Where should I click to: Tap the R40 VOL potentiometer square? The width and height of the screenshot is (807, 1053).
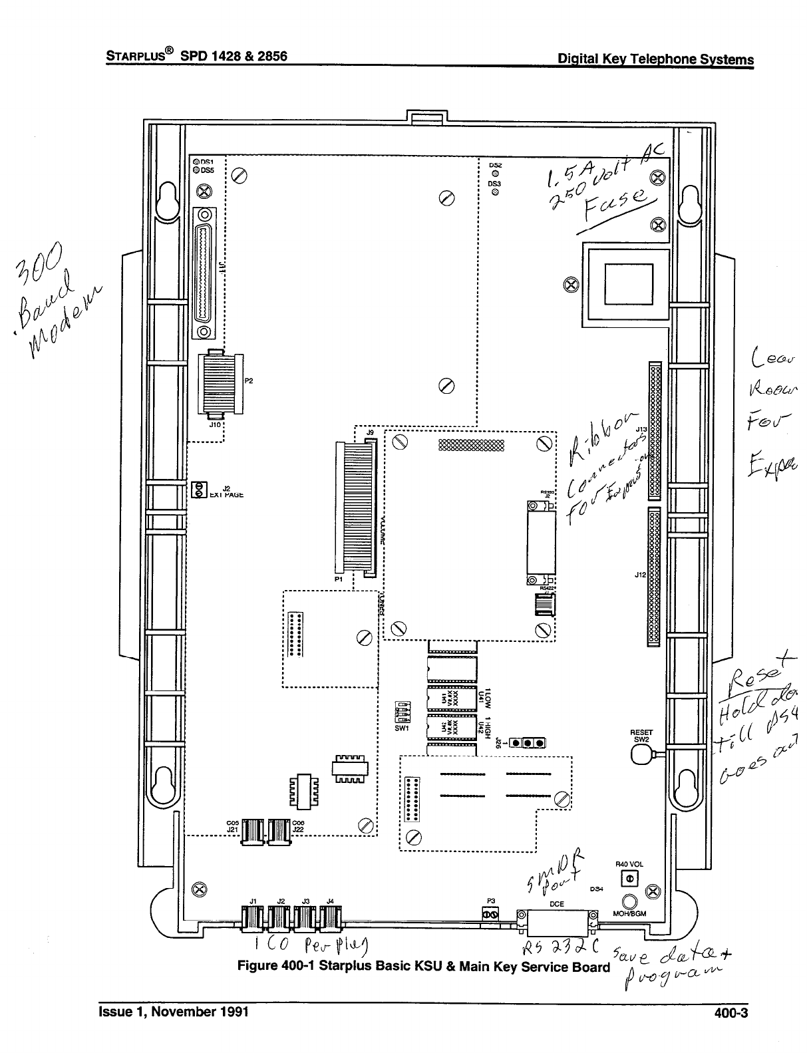628,879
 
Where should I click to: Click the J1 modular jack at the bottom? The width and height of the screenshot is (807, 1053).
252,919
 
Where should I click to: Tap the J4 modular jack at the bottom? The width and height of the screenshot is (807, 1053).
330,919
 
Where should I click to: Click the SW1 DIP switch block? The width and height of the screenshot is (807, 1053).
403,712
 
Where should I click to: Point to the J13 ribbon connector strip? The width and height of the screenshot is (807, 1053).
655,430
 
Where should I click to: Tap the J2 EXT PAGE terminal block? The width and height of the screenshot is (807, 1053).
197,490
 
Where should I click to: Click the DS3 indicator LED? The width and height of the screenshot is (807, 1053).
495,192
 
